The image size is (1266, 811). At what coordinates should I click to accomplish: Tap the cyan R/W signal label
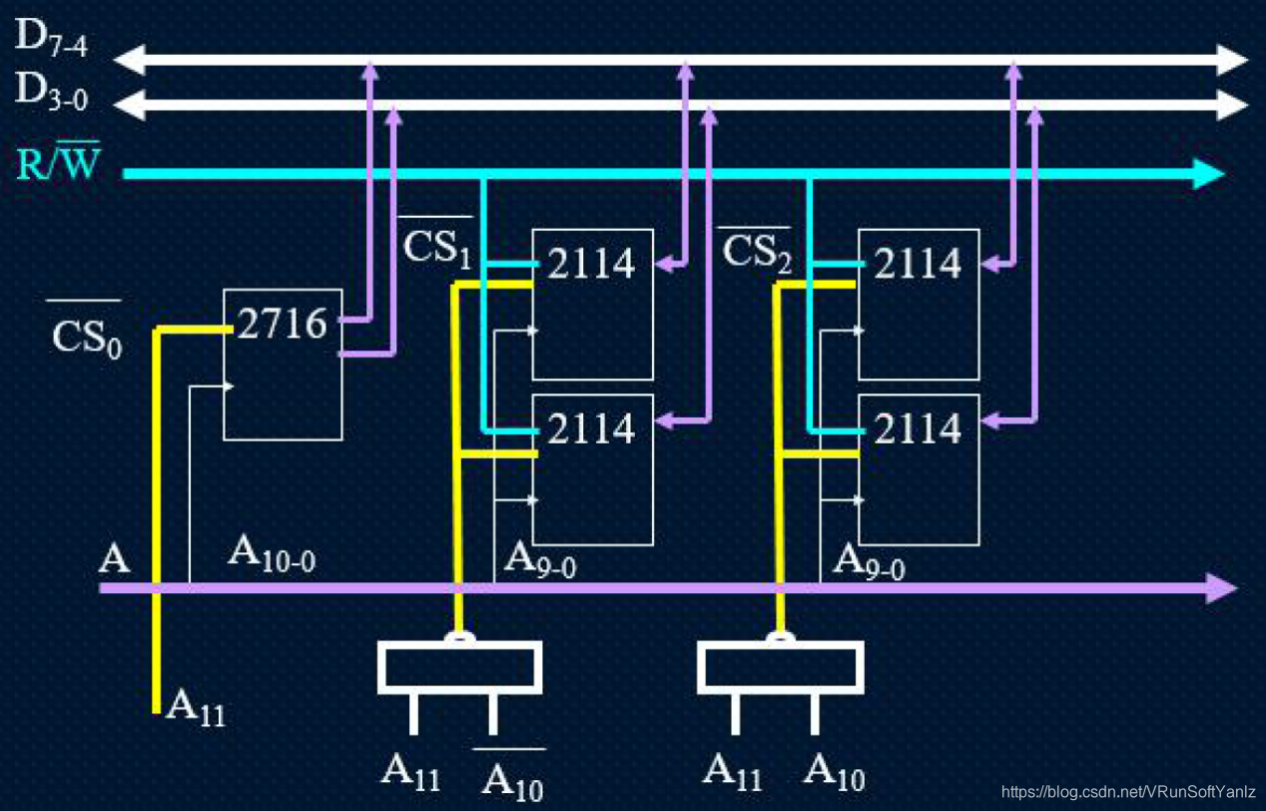59,163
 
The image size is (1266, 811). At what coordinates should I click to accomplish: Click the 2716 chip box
282,364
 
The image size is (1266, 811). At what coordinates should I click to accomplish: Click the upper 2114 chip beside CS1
592,304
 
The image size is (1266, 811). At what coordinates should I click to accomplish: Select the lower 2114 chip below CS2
918,468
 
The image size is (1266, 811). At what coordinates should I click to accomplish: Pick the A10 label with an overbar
511,776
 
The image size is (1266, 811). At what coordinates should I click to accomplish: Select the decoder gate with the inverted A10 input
459,667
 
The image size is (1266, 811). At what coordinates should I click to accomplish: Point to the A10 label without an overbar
834,771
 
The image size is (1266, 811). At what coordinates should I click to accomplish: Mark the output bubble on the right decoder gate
779,637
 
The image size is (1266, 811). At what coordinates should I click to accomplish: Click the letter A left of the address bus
115,558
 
